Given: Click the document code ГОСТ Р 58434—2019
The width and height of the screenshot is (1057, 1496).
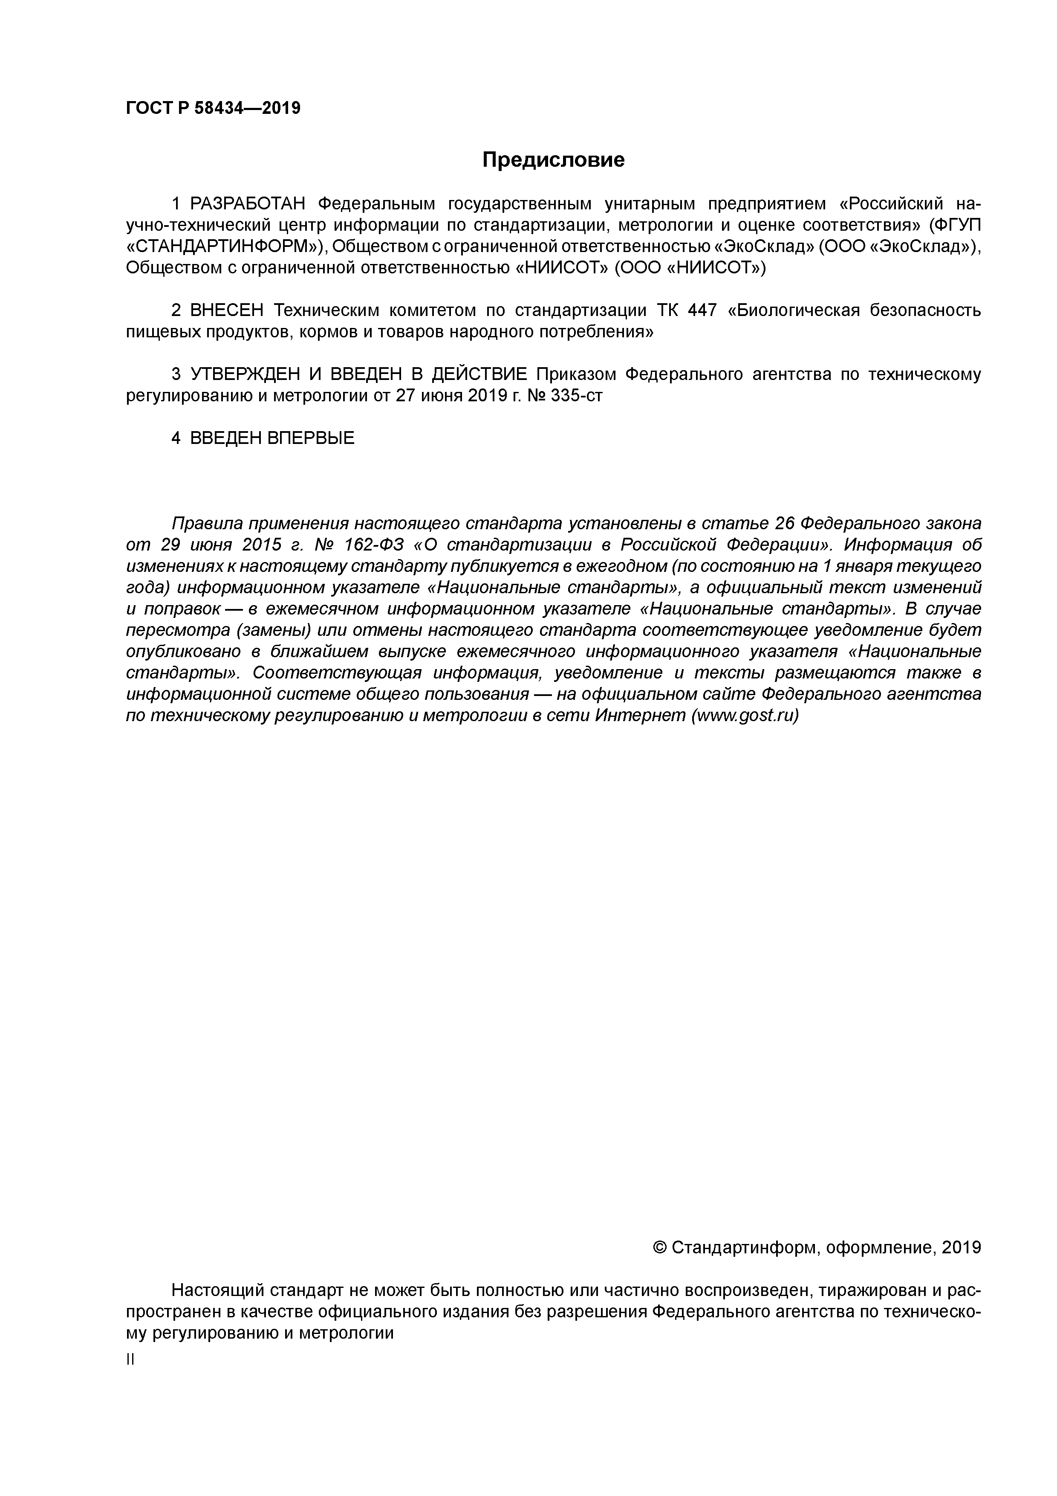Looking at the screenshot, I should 213,108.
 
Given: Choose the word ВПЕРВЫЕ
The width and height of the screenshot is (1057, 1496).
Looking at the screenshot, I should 311,438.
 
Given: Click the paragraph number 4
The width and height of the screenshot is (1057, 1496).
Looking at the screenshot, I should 176,438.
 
